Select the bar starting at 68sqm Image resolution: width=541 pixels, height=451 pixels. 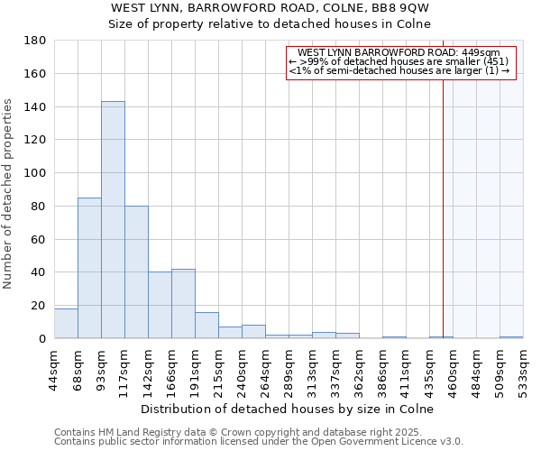coord(89,268)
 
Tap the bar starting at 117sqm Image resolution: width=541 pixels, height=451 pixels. coord(136,272)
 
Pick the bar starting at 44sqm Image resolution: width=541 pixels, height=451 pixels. coord(66,323)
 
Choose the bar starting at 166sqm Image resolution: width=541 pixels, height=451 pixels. coord(183,303)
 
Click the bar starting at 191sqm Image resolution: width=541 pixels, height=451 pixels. coord(206,325)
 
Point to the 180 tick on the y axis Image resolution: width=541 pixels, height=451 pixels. coord(36,41)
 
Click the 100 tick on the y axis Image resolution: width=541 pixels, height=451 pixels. coord(36,173)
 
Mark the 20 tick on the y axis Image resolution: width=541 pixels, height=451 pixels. coord(40,306)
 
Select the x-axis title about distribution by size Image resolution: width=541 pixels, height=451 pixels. coord(288,409)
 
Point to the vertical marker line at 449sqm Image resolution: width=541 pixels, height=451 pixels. coord(443,207)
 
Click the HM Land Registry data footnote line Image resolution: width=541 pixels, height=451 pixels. coord(257,432)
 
